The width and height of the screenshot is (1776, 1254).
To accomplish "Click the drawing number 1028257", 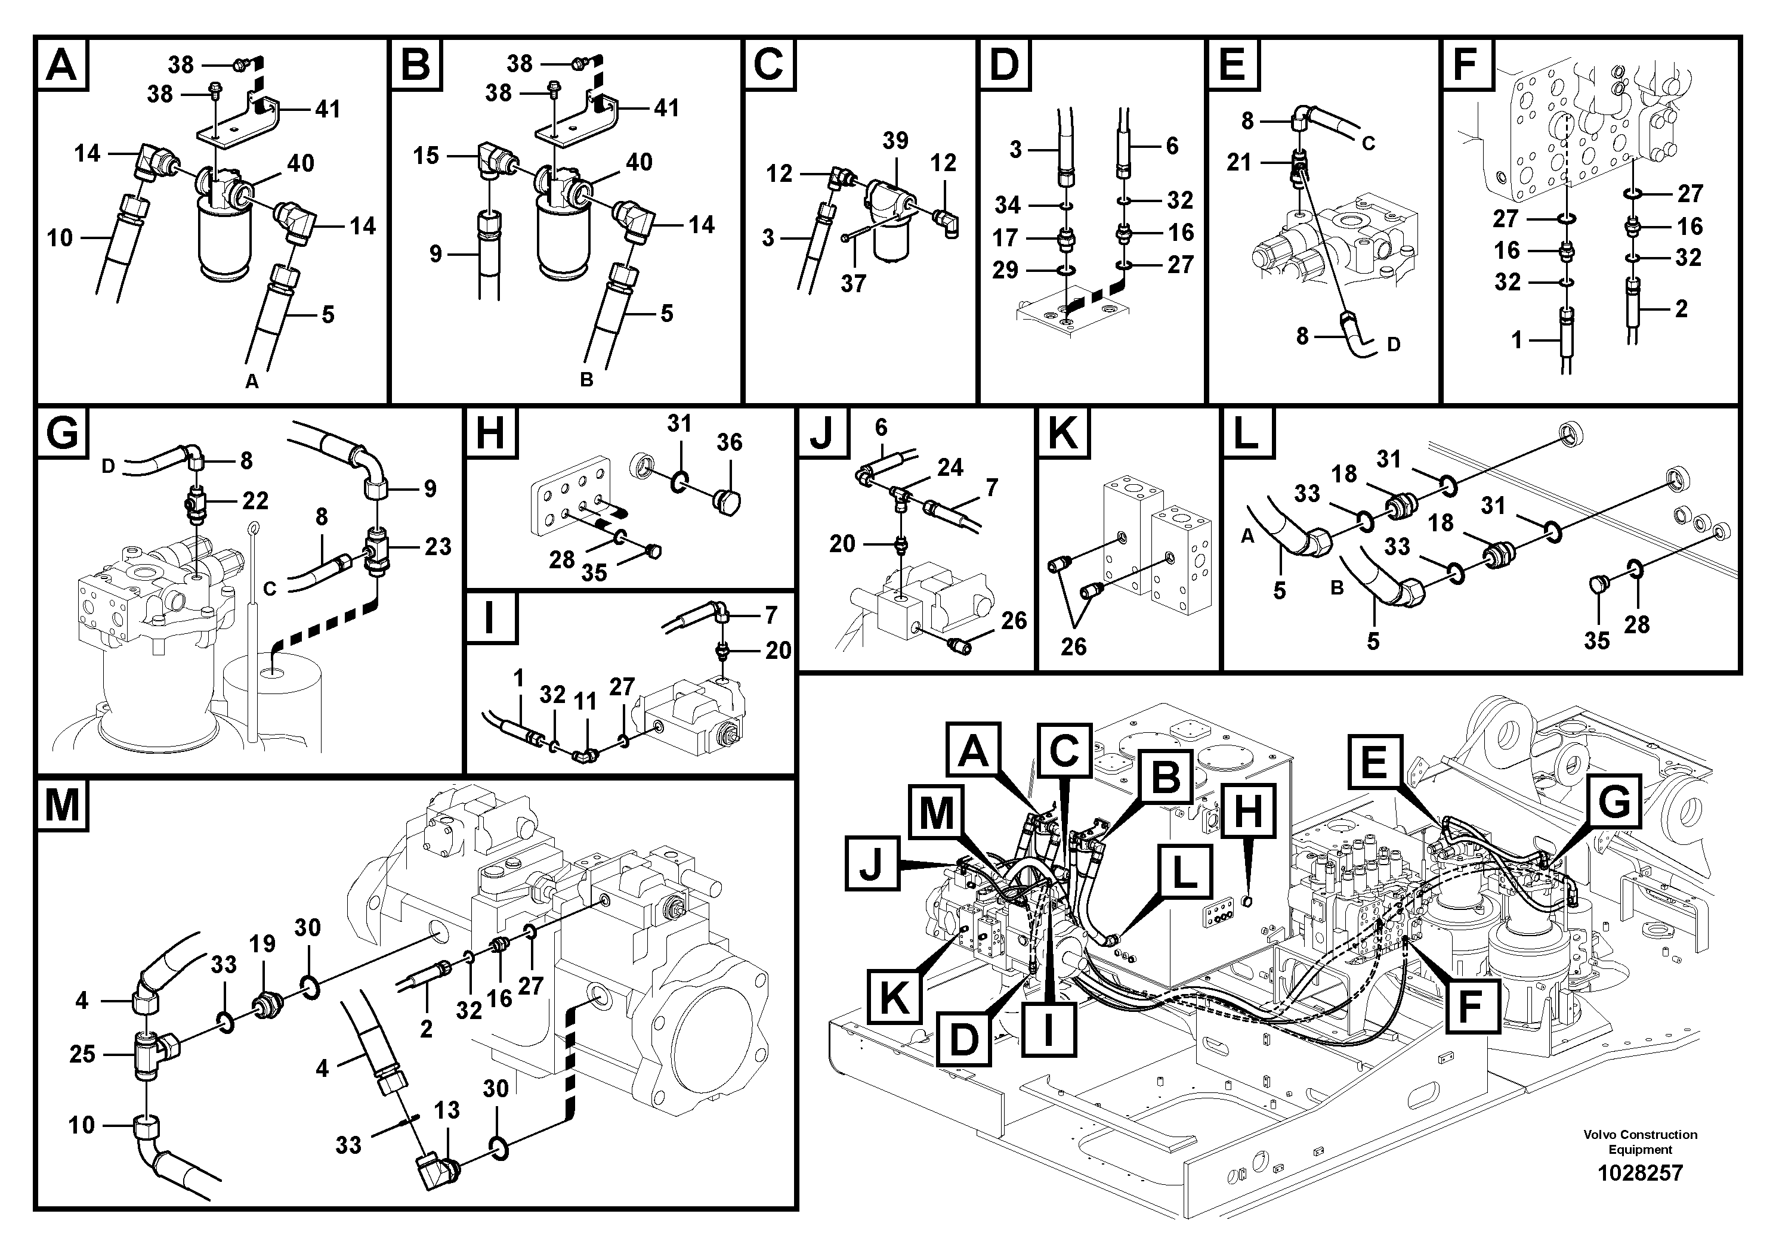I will tap(1640, 1173).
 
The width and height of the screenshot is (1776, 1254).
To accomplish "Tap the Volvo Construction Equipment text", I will tap(1640, 1141).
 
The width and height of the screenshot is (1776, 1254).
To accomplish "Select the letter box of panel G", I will tap(62, 433).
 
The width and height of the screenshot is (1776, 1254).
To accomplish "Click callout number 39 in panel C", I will tap(895, 141).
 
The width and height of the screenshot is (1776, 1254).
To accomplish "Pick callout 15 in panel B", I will tap(425, 156).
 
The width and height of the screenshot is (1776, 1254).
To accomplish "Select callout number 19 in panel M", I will tap(262, 943).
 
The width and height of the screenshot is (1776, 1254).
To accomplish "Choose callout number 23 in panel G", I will tap(438, 547).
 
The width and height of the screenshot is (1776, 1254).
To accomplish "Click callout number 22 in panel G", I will tap(255, 500).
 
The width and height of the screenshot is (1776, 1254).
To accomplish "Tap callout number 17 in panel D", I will tap(1006, 237).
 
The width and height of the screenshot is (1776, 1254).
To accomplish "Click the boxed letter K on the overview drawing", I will tap(894, 998).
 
